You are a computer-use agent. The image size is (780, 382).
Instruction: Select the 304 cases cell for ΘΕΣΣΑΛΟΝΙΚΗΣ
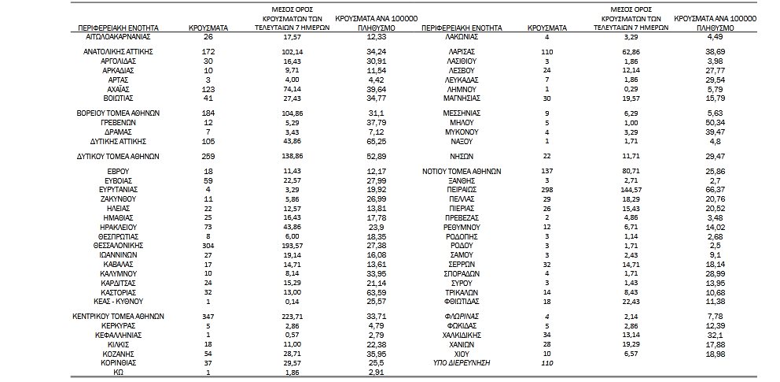(x=208, y=246)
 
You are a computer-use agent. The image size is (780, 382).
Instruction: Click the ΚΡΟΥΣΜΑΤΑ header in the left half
(x=208, y=27)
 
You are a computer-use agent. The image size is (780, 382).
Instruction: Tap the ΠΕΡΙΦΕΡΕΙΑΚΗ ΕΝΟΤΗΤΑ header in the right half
(x=460, y=27)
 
